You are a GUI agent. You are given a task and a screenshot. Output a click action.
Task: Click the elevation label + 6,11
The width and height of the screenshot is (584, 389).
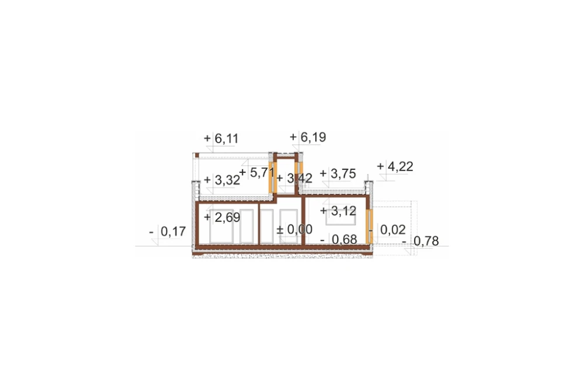(x=221, y=138)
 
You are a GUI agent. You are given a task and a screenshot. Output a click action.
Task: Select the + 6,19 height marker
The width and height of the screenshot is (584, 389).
(x=308, y=137)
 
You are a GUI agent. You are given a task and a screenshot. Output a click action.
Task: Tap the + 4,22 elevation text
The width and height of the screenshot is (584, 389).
(x=395, y=166)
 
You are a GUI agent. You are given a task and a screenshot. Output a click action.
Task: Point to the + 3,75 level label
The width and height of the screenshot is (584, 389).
(x=338, y=173)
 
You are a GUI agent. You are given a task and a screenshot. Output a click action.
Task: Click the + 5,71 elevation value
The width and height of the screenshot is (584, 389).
(x=257, y=172)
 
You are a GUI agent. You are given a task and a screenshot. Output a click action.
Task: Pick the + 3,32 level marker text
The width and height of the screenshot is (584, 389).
(x=222, y=180)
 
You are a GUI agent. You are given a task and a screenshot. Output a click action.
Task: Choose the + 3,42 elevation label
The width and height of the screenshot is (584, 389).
(x=294, y=178)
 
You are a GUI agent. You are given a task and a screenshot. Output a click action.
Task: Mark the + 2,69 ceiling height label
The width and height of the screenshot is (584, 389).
(x=222, y=217)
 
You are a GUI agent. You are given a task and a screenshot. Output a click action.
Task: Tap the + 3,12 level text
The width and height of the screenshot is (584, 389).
(x=338, y=211)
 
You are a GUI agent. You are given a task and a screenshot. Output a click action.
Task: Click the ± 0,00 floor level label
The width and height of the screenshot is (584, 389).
(x=294, y=229)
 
